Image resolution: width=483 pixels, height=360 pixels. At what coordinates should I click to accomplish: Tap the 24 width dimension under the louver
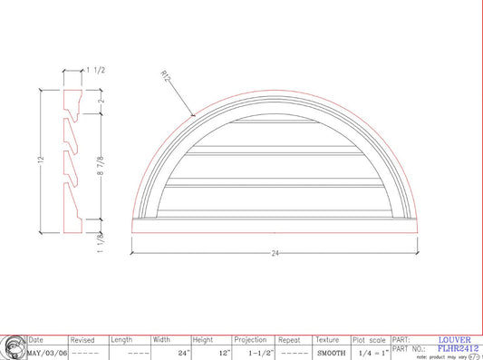tap(275, 254)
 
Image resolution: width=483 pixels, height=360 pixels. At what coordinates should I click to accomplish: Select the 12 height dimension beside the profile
tap(41, 160)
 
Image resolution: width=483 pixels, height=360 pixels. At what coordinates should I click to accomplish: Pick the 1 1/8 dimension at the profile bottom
tap(100, 241)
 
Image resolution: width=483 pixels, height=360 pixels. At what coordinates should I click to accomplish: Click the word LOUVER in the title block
tap(454, 340)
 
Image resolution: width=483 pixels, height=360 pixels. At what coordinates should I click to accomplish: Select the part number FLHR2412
tap(458, 347)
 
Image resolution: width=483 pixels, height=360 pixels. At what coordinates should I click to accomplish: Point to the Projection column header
tap(251, 340)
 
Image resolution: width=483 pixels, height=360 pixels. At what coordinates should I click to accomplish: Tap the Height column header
tap(203, 340)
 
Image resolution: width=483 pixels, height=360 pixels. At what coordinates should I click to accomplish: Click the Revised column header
tap(82, 340)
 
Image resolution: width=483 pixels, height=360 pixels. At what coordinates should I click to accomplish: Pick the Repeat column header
tap(290, 340)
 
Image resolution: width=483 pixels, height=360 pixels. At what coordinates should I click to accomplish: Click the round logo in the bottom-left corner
tap(13, 347)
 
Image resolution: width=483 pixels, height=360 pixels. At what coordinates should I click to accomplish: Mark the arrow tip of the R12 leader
tap(197, 115)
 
